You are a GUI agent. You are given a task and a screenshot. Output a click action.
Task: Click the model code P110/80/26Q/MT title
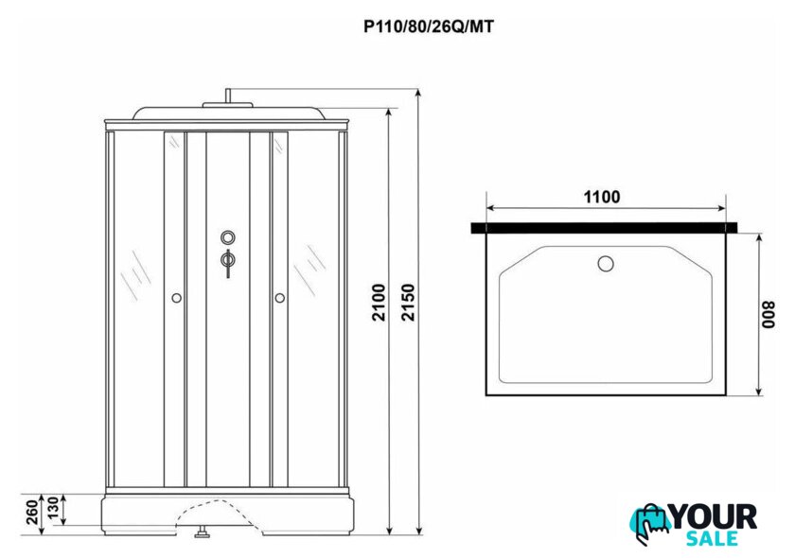[429, 26]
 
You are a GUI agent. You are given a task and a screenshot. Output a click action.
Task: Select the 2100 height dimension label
[380, 302]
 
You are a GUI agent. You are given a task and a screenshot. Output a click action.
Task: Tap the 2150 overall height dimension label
[408, 302]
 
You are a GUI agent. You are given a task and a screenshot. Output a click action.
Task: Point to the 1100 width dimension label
[602, 197]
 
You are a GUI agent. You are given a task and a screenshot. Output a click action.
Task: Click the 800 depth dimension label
[769, 315]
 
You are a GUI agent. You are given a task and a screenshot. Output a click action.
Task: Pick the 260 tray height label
[32, 512]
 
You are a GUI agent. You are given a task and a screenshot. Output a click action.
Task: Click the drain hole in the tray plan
[606, 264]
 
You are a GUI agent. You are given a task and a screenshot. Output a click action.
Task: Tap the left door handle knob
[176, 298]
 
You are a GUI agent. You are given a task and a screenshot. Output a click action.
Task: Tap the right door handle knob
[280, 298]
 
